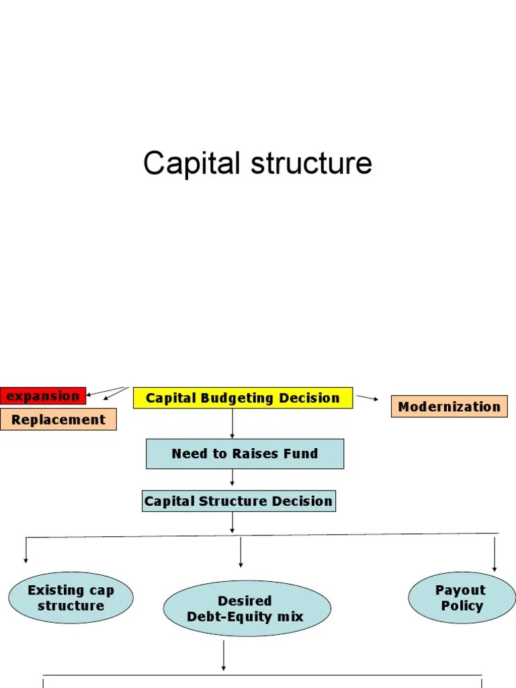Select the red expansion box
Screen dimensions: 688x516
(43, 396)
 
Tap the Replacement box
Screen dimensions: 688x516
(58, 420)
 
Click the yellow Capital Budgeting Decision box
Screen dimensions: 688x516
(243, 398)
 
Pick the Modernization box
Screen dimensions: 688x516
(449, 406)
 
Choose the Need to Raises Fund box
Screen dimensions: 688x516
(245, 454)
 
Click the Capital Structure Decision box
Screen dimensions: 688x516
(238, 501)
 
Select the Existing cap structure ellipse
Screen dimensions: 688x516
(71, 598)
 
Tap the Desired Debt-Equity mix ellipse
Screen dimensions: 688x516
(247, 609)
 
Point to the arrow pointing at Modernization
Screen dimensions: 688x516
(367, 398)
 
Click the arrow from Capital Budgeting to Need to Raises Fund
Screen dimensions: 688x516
(232, 423)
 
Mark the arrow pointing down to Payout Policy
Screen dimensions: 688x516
(494, 554)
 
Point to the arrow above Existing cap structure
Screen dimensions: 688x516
(26, 550)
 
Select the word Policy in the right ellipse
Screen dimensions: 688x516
(462, 606)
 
